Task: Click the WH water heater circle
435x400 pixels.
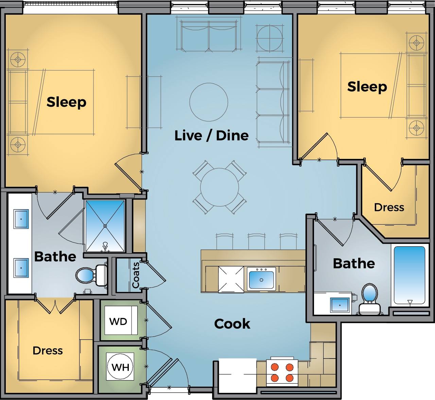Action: coord(120,367)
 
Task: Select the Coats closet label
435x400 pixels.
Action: coord(136,275)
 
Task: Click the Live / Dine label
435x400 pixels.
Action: coord(211,136)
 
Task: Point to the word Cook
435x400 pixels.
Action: coord(232,324)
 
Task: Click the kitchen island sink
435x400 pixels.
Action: coord(261,279)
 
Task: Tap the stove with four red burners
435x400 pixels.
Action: coord(282,372)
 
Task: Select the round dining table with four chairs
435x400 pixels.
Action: coord(219,187)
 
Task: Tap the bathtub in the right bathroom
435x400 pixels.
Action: coord(409,275)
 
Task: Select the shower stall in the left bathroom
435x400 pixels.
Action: coord(105,226)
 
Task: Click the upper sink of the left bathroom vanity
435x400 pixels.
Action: coord(21,219)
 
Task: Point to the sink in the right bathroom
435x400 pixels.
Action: coord(340,305)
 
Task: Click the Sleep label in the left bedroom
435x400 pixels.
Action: coord(66,102)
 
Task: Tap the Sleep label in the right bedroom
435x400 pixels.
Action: coord(367,87)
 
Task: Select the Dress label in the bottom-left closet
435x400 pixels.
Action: coord(48,350)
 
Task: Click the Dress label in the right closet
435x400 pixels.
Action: coord(389,207)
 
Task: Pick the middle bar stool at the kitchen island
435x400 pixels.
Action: coord(256,241)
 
